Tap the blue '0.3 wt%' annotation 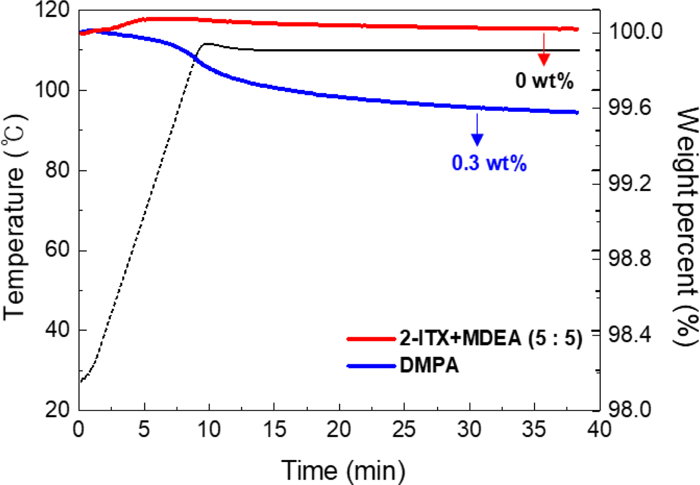pos(490,161)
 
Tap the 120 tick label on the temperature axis pos(57,11)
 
